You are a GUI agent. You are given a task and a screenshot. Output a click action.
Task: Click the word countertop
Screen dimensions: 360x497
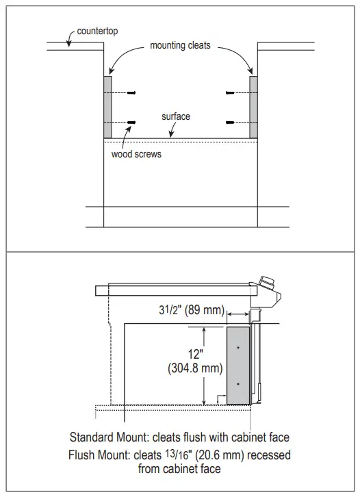97,31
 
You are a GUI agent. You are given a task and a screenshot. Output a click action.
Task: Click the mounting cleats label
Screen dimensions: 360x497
180,45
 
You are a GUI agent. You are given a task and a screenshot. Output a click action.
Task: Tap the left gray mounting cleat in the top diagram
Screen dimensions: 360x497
107,107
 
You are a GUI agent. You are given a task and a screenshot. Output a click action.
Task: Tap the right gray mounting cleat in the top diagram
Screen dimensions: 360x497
253,107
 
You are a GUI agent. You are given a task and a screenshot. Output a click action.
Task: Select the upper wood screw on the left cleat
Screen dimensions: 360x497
131,93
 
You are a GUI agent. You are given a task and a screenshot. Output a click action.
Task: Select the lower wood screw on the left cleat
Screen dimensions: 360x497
131,123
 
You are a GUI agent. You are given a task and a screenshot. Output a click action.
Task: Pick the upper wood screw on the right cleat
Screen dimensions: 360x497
230,93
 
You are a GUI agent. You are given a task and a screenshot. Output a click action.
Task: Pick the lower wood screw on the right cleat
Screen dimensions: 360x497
230,123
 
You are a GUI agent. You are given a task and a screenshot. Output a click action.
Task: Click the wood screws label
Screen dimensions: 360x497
136,154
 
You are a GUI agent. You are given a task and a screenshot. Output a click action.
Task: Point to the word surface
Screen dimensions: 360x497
176,116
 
